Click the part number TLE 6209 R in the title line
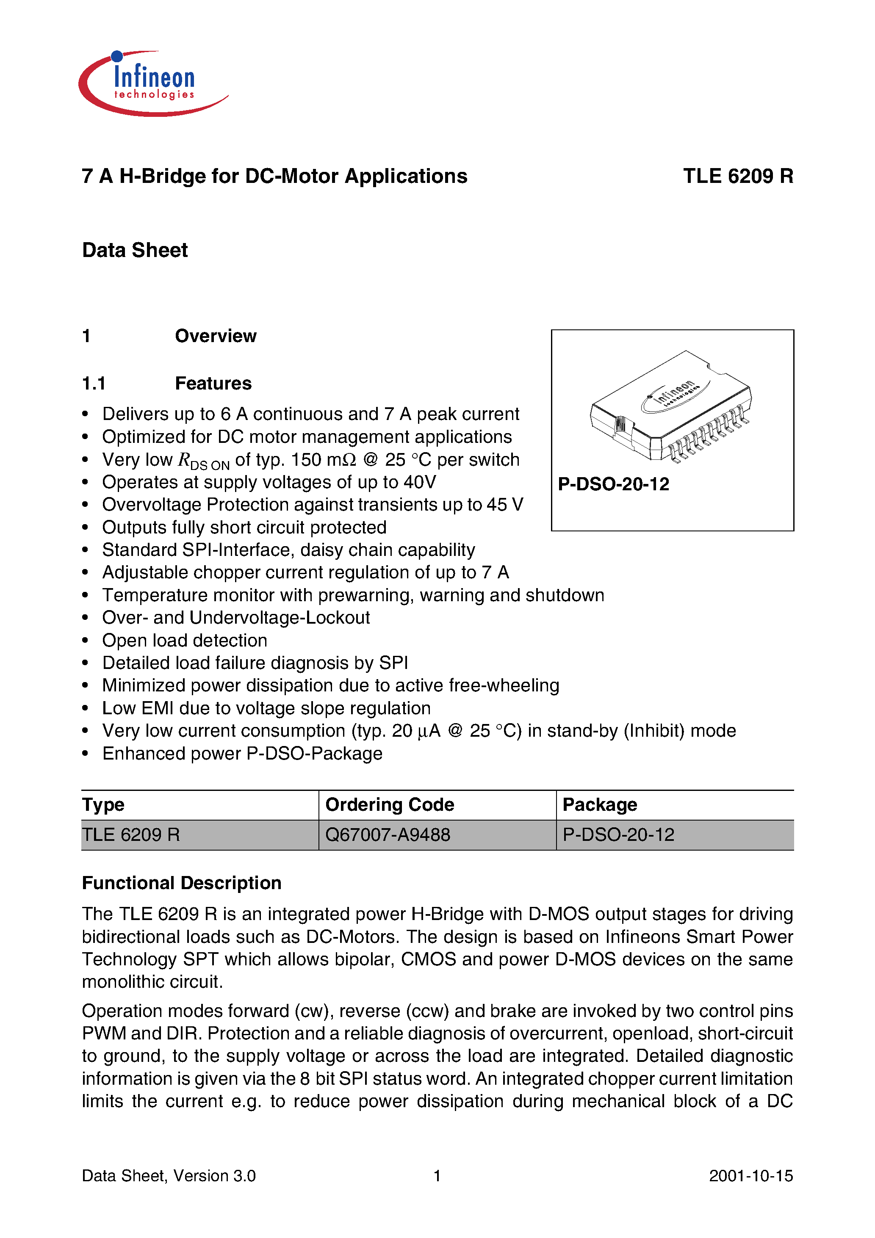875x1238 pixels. (737, 176)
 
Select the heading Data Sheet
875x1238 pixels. (135, 250)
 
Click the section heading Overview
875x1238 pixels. (215, 336)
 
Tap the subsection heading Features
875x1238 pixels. (213, 383)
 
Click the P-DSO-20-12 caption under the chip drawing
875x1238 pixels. (613, 484)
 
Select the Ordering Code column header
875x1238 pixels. (390, 804)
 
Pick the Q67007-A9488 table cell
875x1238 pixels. (388, 835)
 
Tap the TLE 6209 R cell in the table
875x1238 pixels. (131, 835)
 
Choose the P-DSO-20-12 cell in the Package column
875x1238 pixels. (618, 835)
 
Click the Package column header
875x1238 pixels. (599, 804)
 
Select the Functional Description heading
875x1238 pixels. (182, 883)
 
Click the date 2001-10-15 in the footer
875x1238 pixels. (750, 1175)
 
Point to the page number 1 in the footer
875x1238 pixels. (437, 1175)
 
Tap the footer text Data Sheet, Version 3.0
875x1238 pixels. (169, 1175)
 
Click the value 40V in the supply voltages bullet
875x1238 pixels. (420, 482)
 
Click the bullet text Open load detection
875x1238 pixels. (185, 641)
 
